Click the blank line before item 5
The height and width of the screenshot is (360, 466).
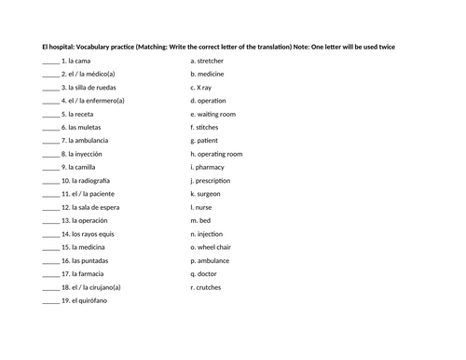coord(50,114)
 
